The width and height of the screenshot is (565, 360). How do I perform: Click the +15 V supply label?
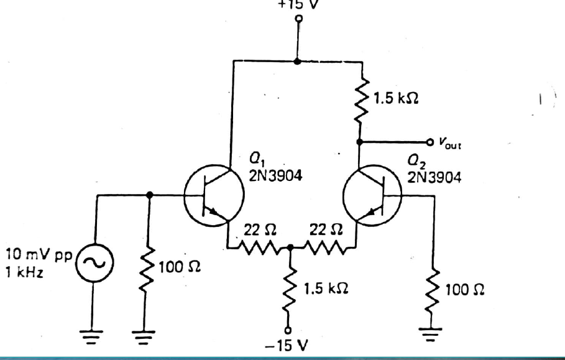[298, 3]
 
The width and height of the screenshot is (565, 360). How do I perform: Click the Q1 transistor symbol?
[211, 195]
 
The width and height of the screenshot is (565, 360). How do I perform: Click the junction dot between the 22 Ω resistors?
[290, 247]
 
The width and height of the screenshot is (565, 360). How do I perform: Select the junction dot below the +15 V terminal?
[298, 61]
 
